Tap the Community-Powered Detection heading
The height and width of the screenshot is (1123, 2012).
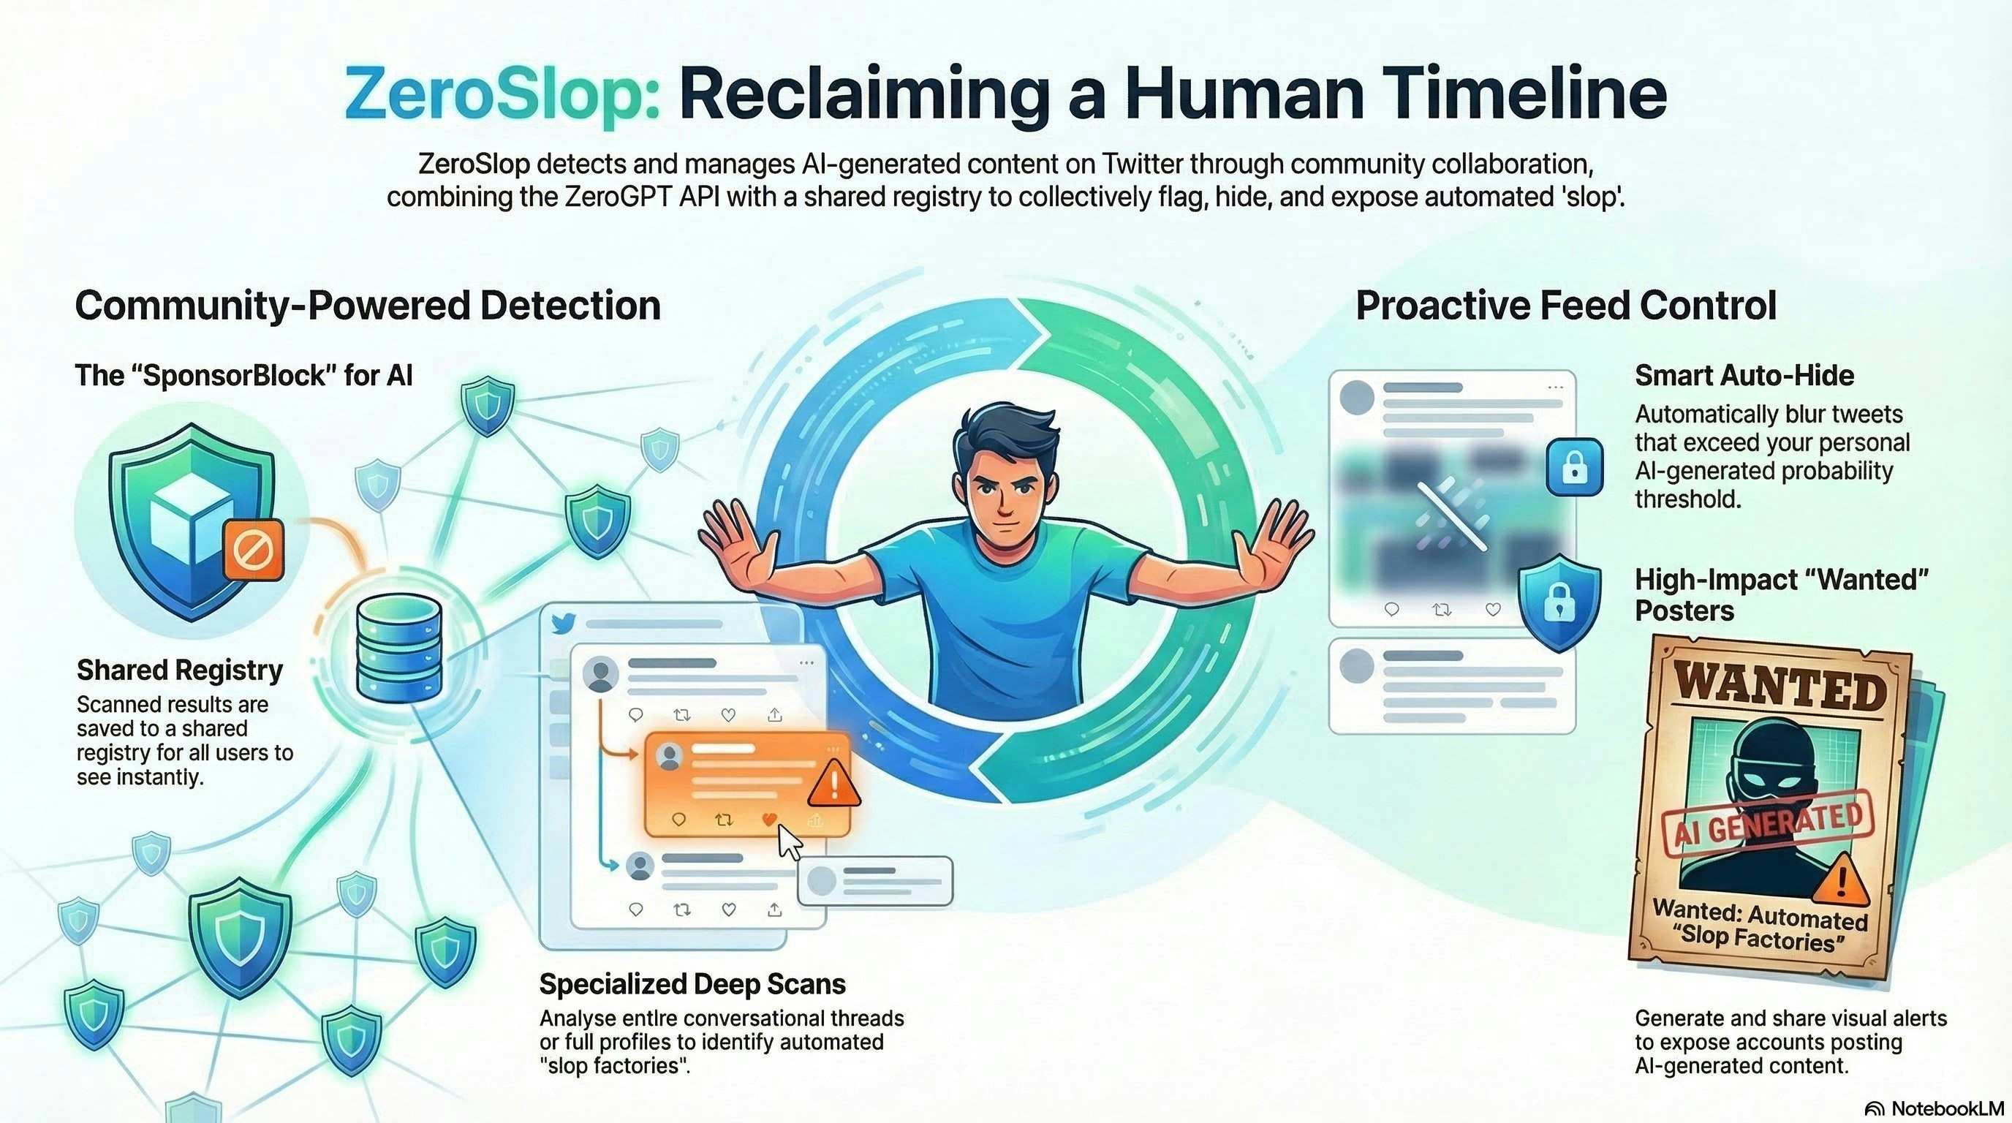coord(368,306)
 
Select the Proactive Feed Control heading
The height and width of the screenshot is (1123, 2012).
coord(1566,306)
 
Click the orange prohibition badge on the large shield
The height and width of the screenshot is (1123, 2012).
coord(253,550)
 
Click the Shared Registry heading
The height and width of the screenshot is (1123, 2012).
coord(180,670)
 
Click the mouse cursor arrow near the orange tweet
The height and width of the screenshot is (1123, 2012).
coord(790,842)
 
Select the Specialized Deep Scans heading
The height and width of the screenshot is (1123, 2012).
coord(692,984)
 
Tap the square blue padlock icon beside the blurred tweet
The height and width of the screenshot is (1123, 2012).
coord(1575,467)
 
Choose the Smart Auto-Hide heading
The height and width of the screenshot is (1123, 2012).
coord(1744,376)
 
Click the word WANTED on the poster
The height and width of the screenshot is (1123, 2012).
coord(1780,687)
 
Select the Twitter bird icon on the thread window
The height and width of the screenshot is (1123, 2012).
coord(563,623)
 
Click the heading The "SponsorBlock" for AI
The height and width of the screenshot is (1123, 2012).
coord(243,376)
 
